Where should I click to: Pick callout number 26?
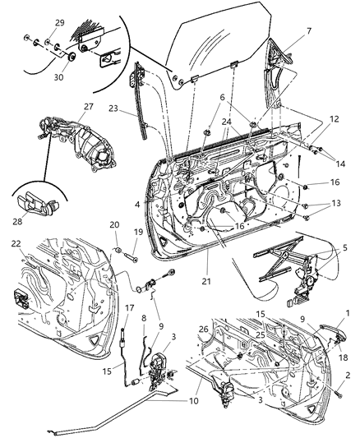point(203,330)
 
